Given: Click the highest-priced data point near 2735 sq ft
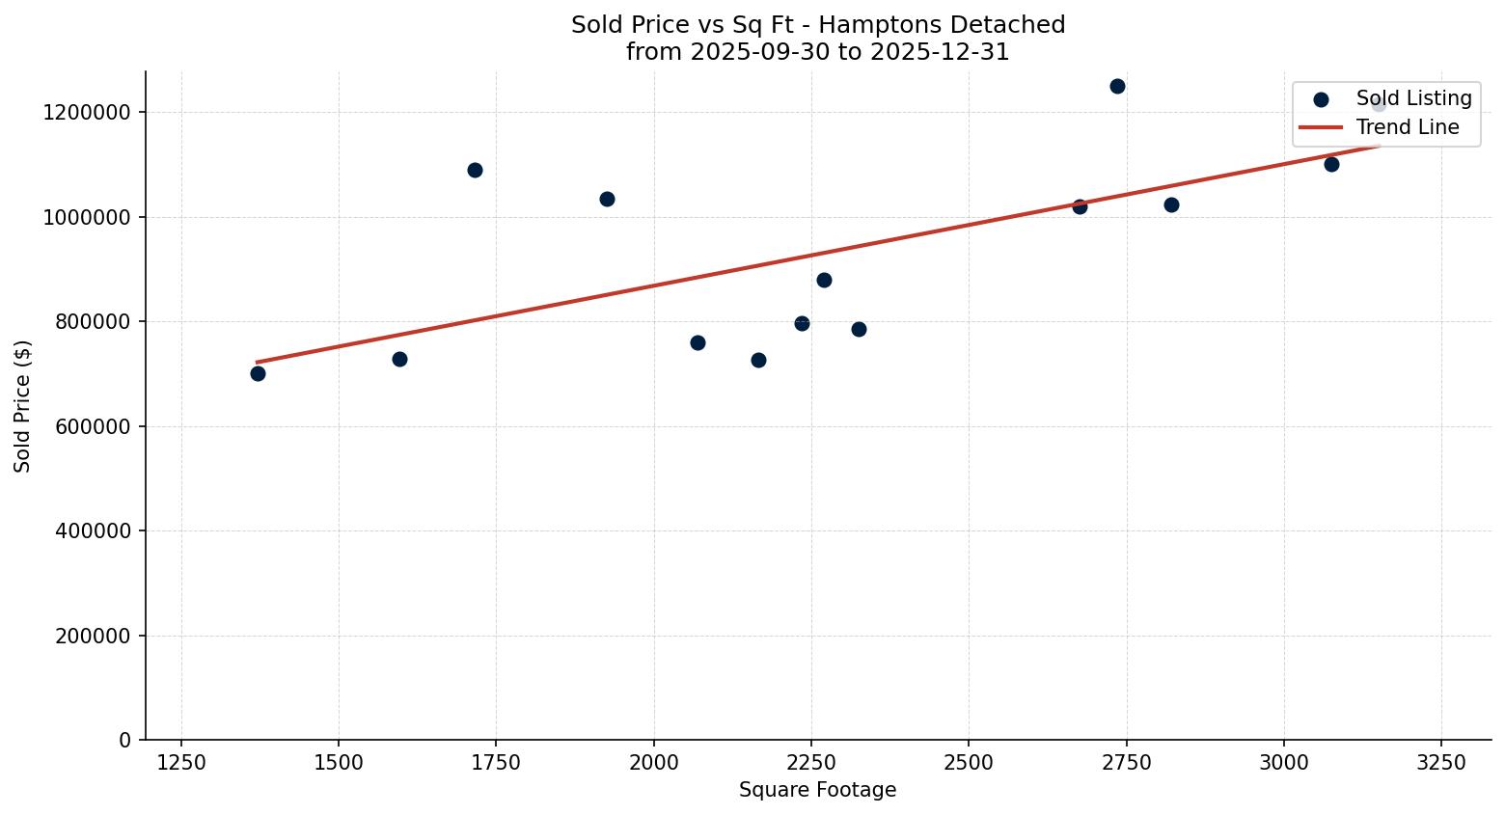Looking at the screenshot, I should click(x=1117, y=86).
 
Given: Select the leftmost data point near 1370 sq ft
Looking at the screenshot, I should click(x=258, y=373).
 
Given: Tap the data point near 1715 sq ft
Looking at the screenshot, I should click(x=475, y=170).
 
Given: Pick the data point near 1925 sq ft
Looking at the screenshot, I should click(x=607, y=199).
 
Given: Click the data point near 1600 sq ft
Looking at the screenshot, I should click(x=399, y=359).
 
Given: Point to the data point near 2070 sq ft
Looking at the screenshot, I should click(x=698, y=342).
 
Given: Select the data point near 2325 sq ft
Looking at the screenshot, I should click(x=859, y=329).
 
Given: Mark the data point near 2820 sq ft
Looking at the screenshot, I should click(x=1171, y=204).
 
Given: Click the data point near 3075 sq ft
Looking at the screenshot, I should click(x=1331, y=164).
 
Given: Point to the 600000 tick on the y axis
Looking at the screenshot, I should click(x=87, y=426).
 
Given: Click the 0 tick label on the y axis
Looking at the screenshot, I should click(x=125, y=740).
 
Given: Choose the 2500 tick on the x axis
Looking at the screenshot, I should click(x=969, y=761).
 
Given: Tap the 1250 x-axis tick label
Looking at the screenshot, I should click(x=181, y=761).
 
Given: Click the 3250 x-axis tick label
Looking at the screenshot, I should click(x=1441, y=761).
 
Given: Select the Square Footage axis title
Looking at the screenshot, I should click(x=817, y=790).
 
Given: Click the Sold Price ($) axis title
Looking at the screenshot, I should click(x=23, y=406).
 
